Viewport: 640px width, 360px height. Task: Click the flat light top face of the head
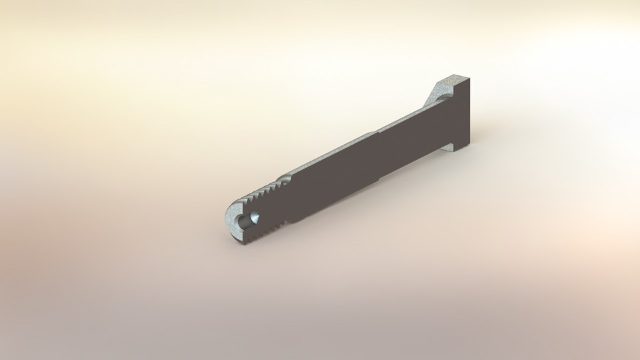[x=456, y=81]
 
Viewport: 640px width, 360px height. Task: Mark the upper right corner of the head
[x=471, y=79]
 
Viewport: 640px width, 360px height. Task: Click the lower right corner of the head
[x=470, y=146]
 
